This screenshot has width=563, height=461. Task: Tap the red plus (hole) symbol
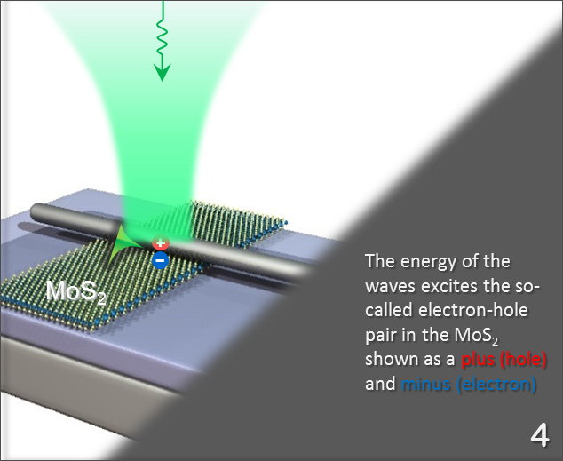[161, 243]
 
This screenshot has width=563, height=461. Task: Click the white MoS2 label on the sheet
[75, 290]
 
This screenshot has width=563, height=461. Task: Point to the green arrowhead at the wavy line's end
[161, 72]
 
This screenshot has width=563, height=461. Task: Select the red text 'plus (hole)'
[504, 361]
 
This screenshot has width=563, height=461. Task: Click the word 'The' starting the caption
[379, 262]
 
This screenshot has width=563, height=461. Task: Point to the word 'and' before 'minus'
[379, 385]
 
